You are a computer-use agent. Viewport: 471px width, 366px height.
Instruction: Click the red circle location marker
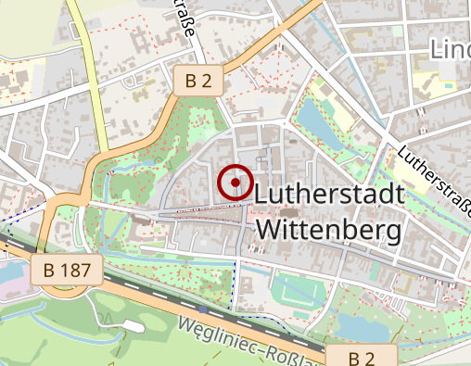[x=235, y=183]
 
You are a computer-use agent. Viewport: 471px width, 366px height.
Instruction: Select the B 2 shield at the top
[x=197, y=82]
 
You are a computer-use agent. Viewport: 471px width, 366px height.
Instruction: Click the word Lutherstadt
[x=328, y=196]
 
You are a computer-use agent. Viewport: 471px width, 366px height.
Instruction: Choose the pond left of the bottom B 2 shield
[x=357, y=326]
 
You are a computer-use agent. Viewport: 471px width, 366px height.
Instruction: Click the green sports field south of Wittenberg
[x=297, y=296]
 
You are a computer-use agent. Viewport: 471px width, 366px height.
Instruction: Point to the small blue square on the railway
[x=202, y=308]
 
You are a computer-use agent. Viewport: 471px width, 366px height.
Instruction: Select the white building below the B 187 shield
[x=131, y=325]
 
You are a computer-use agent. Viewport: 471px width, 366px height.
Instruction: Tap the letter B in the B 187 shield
[x=49, y=271]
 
